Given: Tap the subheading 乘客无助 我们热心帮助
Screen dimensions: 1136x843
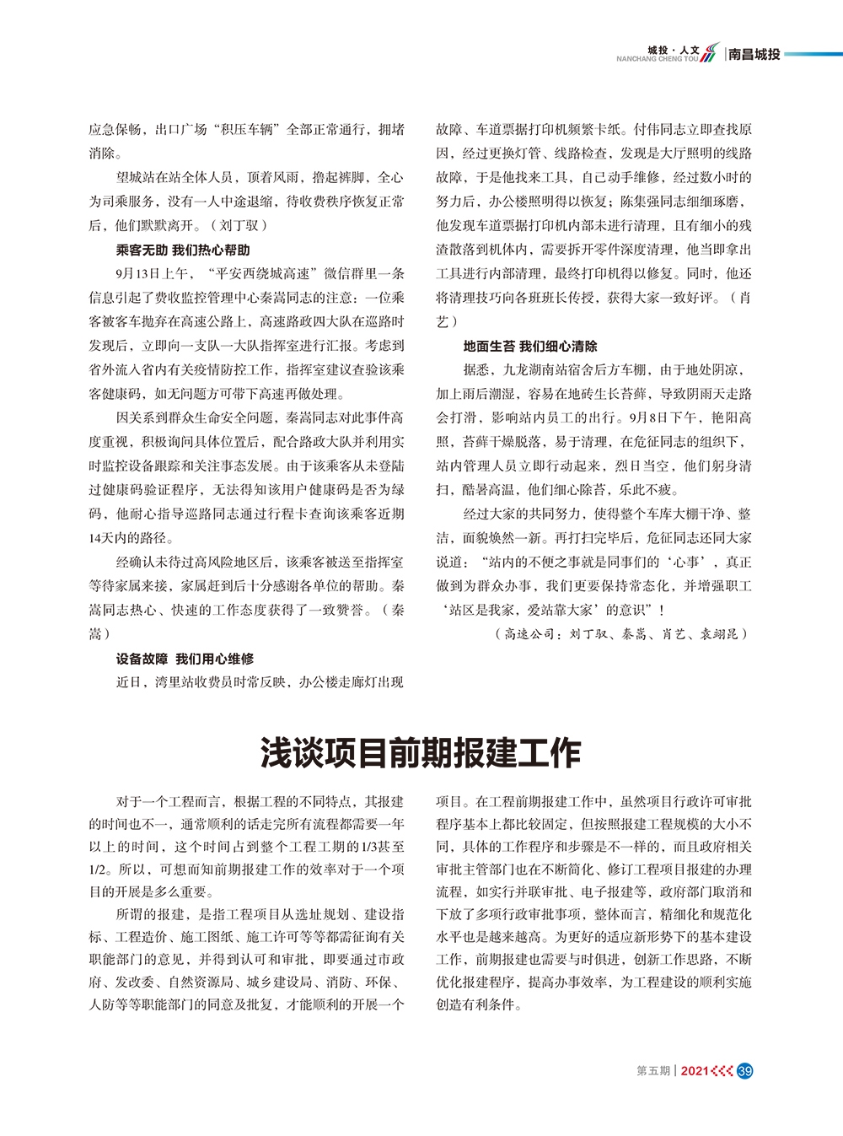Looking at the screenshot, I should coord(183,250).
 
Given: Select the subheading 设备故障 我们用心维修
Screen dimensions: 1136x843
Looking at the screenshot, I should coord(185,658).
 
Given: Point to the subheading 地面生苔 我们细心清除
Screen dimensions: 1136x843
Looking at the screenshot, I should coord(529,346).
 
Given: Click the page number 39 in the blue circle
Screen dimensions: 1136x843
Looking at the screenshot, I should coord(744,1071).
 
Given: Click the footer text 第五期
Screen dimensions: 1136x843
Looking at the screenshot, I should coord(652,1071).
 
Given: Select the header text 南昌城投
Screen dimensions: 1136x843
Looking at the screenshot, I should coord(754,54).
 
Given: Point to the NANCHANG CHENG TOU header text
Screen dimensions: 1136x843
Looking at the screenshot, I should coord(657,59).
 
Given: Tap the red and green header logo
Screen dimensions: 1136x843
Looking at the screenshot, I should coord(711,52).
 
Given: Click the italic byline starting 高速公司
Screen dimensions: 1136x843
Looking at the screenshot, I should coord(621,634).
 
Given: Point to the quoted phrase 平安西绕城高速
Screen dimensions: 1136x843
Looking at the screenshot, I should coord(266,273).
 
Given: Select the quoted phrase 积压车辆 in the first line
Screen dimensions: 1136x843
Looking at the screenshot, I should coord(249,130).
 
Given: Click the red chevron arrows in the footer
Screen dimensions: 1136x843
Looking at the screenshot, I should coord(722,1071).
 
